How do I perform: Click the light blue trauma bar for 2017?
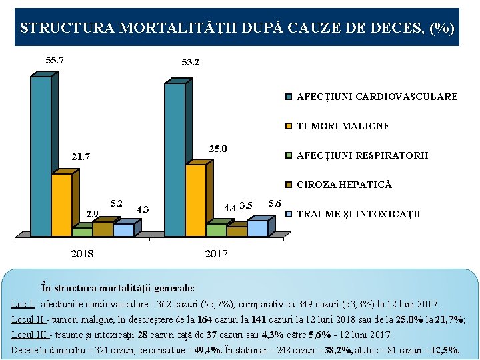pyautogui.click(x=257, y=228)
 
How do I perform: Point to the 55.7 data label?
pyautogui.click(x=55, y=60)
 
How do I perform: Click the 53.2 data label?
pyautogui.click(x=191, y=63)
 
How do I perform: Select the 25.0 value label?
pyautogui.click(x=219, y=149)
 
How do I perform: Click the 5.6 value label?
pyautogui.click(x=274, y=203)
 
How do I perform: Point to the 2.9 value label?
pyautogui.click(x=93, y=214)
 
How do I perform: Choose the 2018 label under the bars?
pyautogui.click(x=82, y=254)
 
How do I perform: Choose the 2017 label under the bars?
pyautogui.click(x=216, y=254)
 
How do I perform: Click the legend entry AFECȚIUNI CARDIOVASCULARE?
pyautogui.click(x=377, y=97)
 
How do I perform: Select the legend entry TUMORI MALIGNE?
pyautogui.click(x=343, y=126)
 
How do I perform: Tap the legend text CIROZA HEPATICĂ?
pyautogui.click(x=344, y=185)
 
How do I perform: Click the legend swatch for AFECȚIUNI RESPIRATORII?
pyautogui.click(x=288, y=155)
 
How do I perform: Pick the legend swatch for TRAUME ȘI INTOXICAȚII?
pyautogui.click(x=288, y=214)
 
